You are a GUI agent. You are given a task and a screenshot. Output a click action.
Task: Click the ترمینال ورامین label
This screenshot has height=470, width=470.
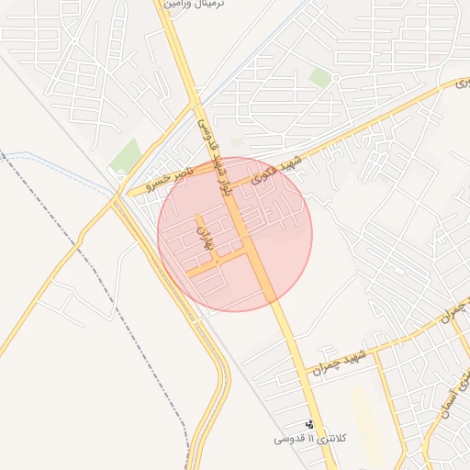(x=195, y=5)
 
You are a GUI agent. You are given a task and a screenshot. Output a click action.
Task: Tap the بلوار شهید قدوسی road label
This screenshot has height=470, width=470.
(x=212, y=137)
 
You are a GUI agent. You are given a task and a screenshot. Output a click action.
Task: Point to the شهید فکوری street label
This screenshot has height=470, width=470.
(x=277, y=162)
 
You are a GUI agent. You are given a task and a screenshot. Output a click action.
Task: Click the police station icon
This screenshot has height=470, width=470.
(x=309, y=425)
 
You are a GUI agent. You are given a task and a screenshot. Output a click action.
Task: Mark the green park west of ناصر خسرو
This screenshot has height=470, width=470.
(x=125, y=156)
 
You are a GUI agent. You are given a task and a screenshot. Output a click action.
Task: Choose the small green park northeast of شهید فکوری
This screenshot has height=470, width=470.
(x=319, y=78)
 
